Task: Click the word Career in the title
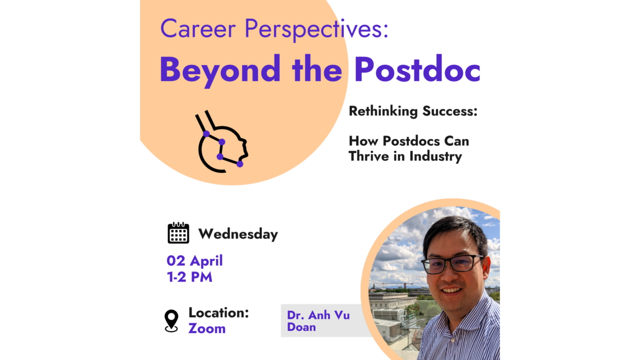click(198, 29)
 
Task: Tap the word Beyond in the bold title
click(220, 70)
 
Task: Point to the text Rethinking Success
click(413, 111)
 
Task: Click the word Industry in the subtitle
click(435, 157)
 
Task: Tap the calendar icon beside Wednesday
click(178, 233)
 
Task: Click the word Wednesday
click(238, 234)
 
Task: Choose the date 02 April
click(195, 261)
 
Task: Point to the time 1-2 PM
click(189, 277)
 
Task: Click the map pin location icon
click(171, 321)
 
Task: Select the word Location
click(219, 313)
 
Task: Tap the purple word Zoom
click(207, 329)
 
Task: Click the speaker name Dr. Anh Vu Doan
click(318, 321)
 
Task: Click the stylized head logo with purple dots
click(221, 142)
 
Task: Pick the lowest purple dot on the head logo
click(240, 164)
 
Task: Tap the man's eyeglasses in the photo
click(453, 263)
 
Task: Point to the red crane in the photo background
click(405, 285)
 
